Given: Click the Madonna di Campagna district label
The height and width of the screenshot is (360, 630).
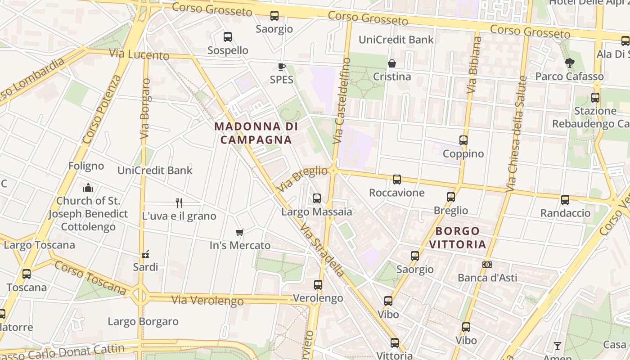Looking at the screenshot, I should pos(256,133).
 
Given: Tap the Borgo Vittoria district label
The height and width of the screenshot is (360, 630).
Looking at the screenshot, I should pos(458,238).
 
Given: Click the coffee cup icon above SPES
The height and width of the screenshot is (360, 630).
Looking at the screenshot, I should pos(281,67).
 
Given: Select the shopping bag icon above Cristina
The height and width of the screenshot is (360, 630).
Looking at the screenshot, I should pos(392,63).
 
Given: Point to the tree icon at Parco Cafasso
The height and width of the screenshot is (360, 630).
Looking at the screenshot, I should pos(569,63).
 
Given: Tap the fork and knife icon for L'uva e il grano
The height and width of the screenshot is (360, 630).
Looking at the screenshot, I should pos(179,203).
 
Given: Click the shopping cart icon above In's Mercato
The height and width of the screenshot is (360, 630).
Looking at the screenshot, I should pos(240,232).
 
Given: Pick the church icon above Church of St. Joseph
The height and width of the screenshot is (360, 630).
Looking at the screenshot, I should pos(88,187).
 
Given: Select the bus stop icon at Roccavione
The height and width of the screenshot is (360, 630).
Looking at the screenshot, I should pos(396,180).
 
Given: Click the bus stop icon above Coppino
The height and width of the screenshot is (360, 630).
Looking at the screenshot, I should pos(463,140).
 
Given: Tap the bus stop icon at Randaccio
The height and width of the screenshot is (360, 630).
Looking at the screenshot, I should pos(565,200).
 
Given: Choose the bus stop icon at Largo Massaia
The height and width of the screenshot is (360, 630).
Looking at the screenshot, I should pos(316,198).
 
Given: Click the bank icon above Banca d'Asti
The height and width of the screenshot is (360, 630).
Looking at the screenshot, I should pos(487,265).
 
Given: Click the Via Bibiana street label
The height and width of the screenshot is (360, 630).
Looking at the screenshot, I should pos(474,65).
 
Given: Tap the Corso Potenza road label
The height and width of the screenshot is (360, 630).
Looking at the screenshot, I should pos(102,109).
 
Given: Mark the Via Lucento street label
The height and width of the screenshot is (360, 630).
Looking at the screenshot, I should pos(139,54).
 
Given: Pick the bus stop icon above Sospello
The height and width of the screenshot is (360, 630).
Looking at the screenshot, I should pos(228,37).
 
